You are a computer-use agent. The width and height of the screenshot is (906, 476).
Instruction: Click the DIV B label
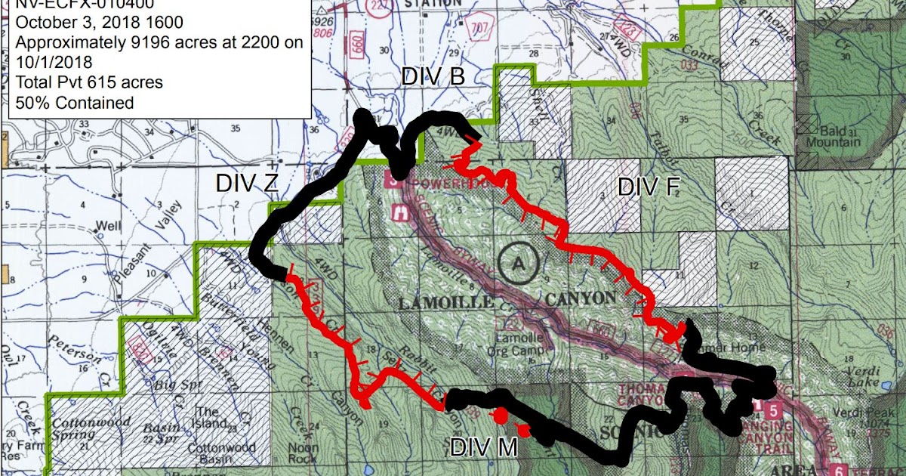click(x=433, y=77)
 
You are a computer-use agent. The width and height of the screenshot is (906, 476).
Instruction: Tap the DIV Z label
click(x=246, y=183)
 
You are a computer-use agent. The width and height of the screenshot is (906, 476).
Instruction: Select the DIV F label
click(x=648, y=187)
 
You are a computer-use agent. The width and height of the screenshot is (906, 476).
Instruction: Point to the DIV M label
click(x=484, y=447)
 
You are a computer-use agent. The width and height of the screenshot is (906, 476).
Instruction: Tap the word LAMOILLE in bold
click(x=446, y=303)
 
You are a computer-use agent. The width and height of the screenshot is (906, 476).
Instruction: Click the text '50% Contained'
click(x=74, y=102)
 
